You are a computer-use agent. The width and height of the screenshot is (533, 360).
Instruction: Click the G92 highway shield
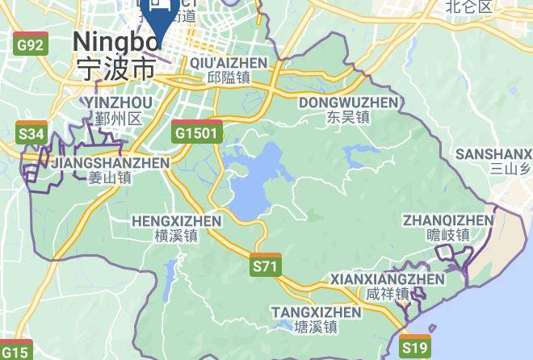30,45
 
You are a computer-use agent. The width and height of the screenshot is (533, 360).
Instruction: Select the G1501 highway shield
196,132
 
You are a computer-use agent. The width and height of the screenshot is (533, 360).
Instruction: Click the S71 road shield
265,266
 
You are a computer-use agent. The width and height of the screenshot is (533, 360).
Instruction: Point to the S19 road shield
415,348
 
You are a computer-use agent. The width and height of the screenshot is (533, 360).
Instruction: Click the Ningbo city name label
115,42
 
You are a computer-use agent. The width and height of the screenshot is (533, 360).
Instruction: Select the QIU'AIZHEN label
229,63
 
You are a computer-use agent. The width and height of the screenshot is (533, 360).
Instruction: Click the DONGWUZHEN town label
349,103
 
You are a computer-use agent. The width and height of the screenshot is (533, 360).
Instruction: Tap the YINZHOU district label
118,103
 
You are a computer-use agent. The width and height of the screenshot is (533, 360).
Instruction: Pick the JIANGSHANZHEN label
110,163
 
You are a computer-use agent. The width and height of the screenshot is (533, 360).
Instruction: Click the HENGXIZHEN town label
176,220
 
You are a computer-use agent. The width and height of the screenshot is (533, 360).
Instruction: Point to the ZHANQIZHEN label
448,220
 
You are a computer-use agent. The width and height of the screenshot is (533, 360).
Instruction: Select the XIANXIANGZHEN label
388,279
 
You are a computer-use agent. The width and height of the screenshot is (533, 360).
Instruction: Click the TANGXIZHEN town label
316,312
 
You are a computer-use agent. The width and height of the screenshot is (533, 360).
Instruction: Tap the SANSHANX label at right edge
493,154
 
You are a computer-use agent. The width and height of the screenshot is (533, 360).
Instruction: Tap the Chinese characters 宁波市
115,68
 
